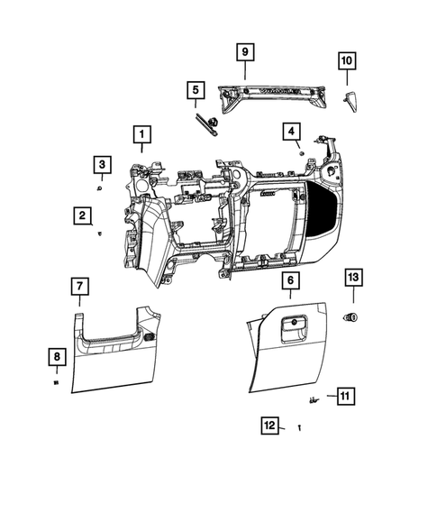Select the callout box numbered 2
coord(82,215)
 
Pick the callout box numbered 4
coord(291,132)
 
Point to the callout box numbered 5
coord(194,90)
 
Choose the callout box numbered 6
coord(290,282)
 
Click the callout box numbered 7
coord(79,287)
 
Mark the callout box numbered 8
coord(56,358)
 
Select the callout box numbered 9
coord(243,52)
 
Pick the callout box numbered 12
coord(269,425)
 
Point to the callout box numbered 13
coord(353,278)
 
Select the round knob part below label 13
coord(351,316)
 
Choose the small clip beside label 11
coord(314,398)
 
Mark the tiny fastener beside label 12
coord(298,426)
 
